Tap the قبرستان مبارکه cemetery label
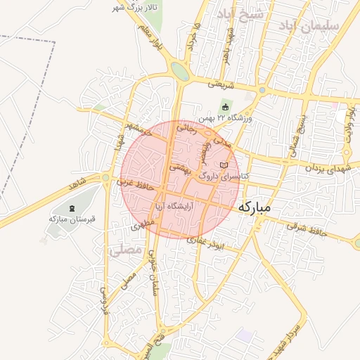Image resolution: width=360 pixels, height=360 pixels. point(71,219)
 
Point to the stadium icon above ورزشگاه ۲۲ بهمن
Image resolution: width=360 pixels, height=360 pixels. point(225,107)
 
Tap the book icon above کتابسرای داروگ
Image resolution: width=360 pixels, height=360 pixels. point(224,165)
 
